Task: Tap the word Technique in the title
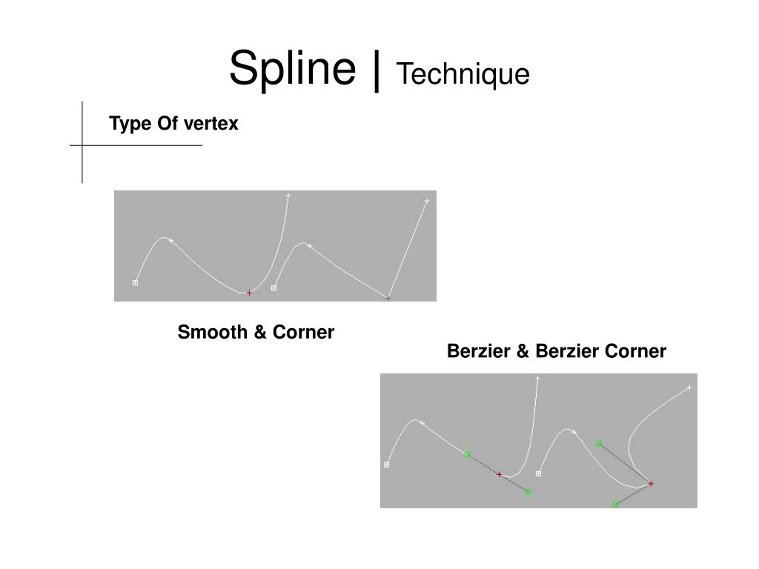click(x=463, y=75)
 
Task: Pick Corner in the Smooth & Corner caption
click(x=303, y=333)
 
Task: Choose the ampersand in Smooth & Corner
click(x=260, y=333)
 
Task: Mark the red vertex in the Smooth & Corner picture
click(x=249, y=293)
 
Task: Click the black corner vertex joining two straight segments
click(x=388, y=298)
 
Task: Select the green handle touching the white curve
click(x=467, y=454)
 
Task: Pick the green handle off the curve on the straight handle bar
click(x=528, y=492)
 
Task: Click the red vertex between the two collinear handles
click(x=499, y=474)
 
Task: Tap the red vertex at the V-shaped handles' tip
click(x=651, y=483)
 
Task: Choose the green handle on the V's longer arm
click(x=598, y=443)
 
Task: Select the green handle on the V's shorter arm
click(x=615, y=505)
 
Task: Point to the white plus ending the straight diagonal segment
click(x=427, y=201)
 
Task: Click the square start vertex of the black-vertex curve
click(x=274, y=288)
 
